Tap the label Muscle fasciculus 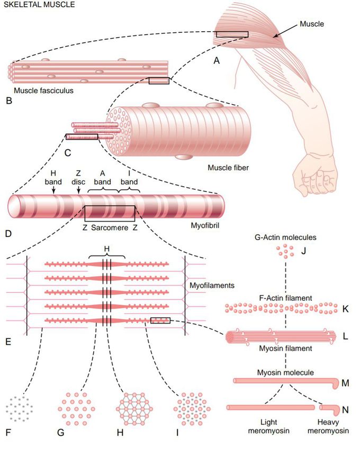pyautogui.click(x=43, y=90)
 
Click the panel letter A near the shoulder pyautogui.click(x=216, y=61)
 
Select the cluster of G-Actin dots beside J pyautogui.click(x=286, y=253)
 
